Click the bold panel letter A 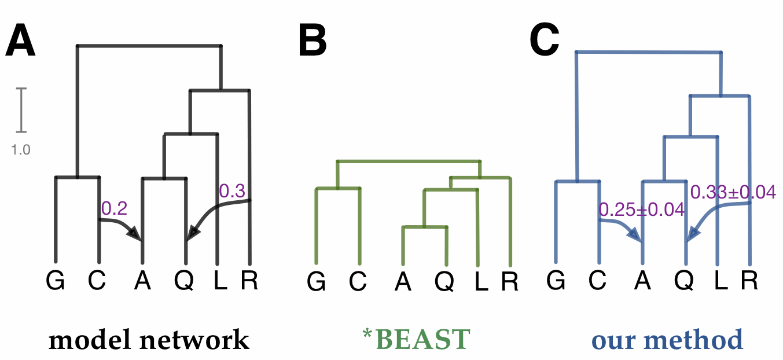pyautogui.click(x=21, y=42)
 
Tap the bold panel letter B pyautogui.click(x=313, y=42)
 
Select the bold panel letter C pyautogui.click(x=545, y=41)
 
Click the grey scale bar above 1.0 pyautogui.click(x=21, y=109)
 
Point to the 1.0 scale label pyautogui.click(x=21, y=150)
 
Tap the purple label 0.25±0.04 pyautogui.click(x=642, y=210)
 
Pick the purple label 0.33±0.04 pyautogui.click(x=733, y=192)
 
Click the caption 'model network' pyautogui.click(x=149, y=340)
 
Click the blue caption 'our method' pyautogui.click(x=667, y=340)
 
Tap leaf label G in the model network pyautogui.click(x=55, y=281)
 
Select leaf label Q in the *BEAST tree pyautogui.click(x=444, y=282)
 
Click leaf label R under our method pyautogui.click(x=749, y=281)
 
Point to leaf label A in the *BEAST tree pyautogui.click(x=403, y=282)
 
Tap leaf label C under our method pyautogui.click(x=599, y=281)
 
